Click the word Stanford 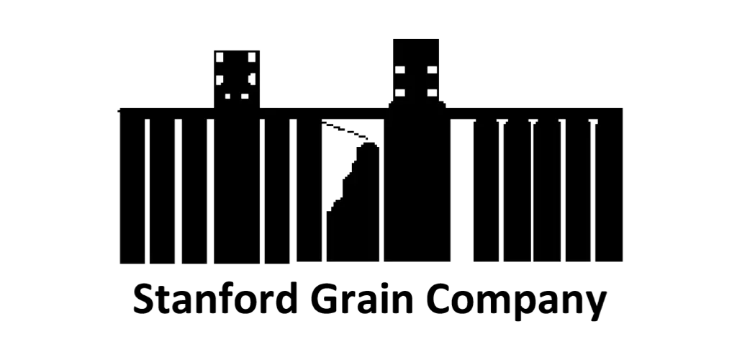click(215, 298)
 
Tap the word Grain click(361, 298)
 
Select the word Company click(516, 302)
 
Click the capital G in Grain click(325, 299)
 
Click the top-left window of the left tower click(220, 57)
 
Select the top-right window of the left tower click(252, 57)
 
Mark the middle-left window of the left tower click(220, 79)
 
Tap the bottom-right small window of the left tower click(245, 96)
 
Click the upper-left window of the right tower click(400, 70)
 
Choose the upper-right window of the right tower click(432, 70)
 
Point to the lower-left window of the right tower click(400, 93)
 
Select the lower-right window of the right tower click(432, 93)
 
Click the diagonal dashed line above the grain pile click(345, 130)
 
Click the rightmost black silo click(609, 185)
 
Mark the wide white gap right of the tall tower click(461, 190)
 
